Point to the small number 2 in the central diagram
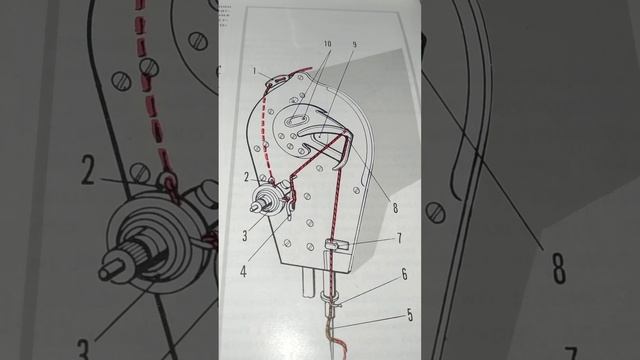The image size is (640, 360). pyautogui.click(x=246, y=177)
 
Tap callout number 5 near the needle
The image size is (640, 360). pyautogui.click(x=409, y=315)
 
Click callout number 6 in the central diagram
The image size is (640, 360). pyautogui.click(x=404, y=272)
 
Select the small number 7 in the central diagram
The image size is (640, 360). pyautogui.click(x=398, y=239)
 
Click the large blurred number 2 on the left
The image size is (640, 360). pyautogui.click(x=88, y=172)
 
